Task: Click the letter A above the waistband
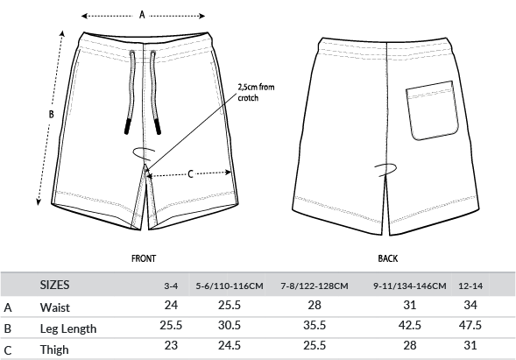[142, 15]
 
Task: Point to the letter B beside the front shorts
[51, 114]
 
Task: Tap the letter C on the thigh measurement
[190, 174]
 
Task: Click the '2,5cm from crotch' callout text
[256, 93]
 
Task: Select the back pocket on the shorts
[432, 110]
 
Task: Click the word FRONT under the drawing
[144, 258]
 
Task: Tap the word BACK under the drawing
[388, 258]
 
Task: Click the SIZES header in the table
[54, 285]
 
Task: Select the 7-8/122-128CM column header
[315, 286]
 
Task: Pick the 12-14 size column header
[470, 286]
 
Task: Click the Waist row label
[55, 307]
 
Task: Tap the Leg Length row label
[68, 328]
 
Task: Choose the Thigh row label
[54, 349]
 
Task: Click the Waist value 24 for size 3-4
[171, 305]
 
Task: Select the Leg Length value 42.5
[409, 325]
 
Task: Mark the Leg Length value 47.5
[470, 325]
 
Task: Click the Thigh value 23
[171, 345]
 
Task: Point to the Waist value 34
[470, 305]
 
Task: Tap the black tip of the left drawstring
[127, 127]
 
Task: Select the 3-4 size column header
[171, 286]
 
